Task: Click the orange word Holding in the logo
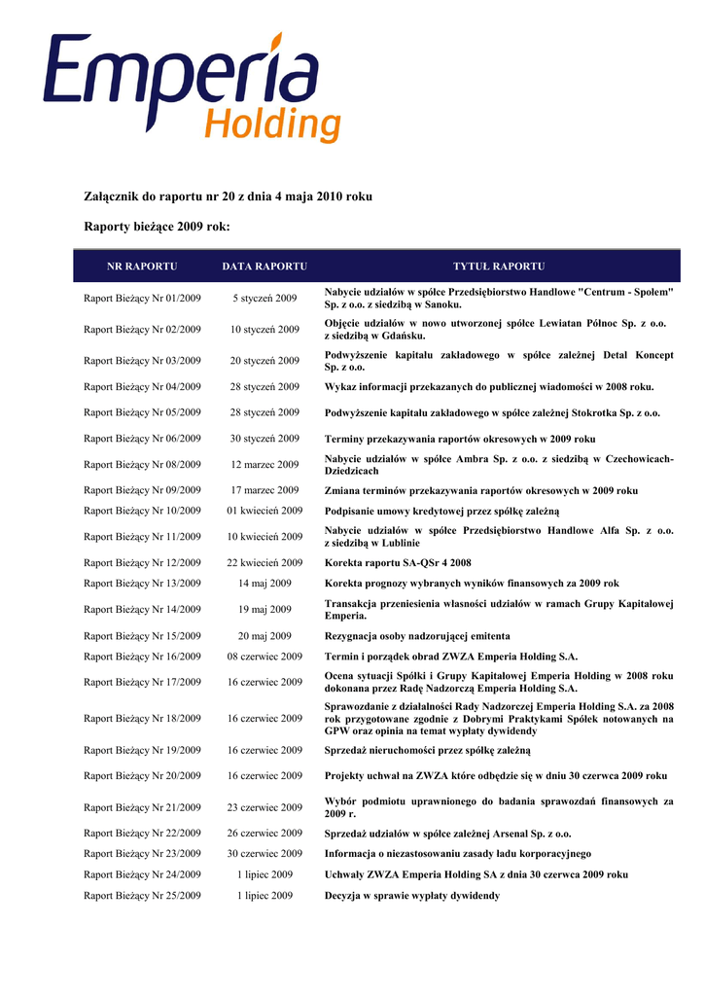[274, 124]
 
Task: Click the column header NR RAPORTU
[142, 267]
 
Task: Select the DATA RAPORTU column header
[264, 267]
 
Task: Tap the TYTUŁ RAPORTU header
[499, 267]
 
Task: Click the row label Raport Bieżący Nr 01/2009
[142, 299]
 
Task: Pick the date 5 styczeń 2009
[264, 299]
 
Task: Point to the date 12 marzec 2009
[264, 465]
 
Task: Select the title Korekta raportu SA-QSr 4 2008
[398, 563]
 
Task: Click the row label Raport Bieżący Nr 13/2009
[142, 584]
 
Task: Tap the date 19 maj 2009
[264, 610]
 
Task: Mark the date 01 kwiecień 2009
[264, 511]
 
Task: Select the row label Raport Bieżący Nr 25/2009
[142, 896]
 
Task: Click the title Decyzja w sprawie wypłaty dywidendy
[411, 896]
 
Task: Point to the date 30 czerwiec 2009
[264, 854]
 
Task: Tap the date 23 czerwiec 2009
[264, 807]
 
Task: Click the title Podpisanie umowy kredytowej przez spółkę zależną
[441, 511]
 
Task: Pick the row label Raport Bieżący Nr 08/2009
[142, 465]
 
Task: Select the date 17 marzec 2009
[264, 491]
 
